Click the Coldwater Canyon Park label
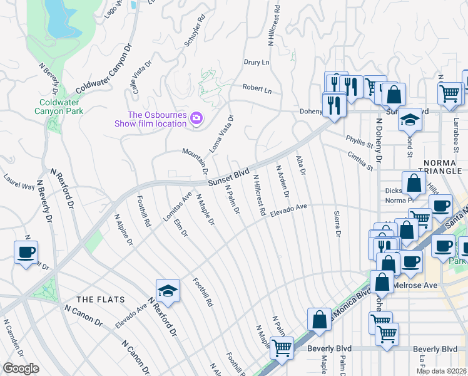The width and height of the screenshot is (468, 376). pyautogui.click(x=61, y=107)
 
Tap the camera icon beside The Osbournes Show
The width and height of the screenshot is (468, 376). pyautogui.click(x=196, y=118)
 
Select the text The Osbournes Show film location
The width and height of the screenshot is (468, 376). pyautogui.click(x=157, y=119)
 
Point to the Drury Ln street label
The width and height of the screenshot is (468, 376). pyautogui.click(x=257, y=63)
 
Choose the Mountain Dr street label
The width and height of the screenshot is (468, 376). pyautogui.click(x=195, y=161)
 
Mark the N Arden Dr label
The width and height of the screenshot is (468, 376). pyautogui.click(x=282, y=179)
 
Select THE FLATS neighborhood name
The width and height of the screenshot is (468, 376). pyautogui.click(x=101, y=300)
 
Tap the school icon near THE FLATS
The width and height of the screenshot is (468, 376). pyautogui.click(x=168, y=290)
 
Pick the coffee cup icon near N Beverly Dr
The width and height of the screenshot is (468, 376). pyautogui.click(x=26, y=252)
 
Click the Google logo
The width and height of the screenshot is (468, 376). pyautogui.click(x=21, y=368)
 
